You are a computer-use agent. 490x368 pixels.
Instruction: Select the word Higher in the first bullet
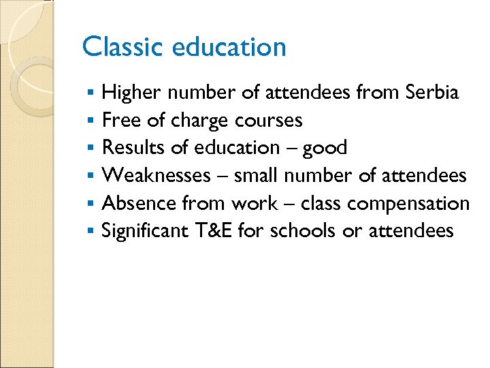pos(132,92)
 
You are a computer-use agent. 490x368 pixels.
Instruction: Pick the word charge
pos(199,121)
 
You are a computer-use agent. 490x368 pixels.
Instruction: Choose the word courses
pos(268,121)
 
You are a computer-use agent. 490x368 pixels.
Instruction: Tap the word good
pos(325,149)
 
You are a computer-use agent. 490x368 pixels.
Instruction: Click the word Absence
pos(140,204)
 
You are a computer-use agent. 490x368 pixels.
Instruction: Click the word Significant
pos(144,232)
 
